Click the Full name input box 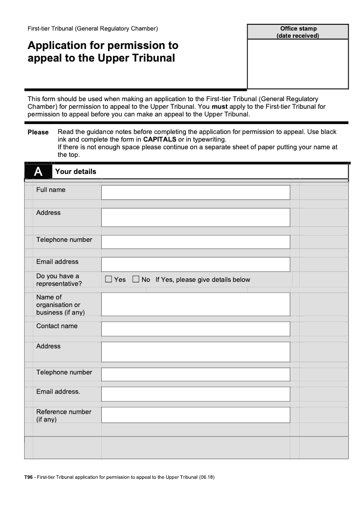[x=195, y=192]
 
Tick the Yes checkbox [x=108, y=279]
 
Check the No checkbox [x=136, y=279]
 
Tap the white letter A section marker [x=38, y=171]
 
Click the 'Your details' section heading [x=76, y=171]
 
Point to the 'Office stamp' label [x=298, y=29]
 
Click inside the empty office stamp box [x=298, y=63]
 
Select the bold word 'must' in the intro [x=220, y=107]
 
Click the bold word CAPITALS [x=160, y=139]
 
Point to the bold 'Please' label [x=38, y=132]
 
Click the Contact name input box [x=195, y=329]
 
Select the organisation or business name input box [x=195, y=304]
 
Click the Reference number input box [x=195, y=415]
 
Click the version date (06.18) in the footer [x=207, y=477]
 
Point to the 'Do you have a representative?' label [x=59, y=280]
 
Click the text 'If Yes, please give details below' [x=202, y=280]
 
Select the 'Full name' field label [x=51, y=190]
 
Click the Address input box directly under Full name [x=195, y=217]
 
